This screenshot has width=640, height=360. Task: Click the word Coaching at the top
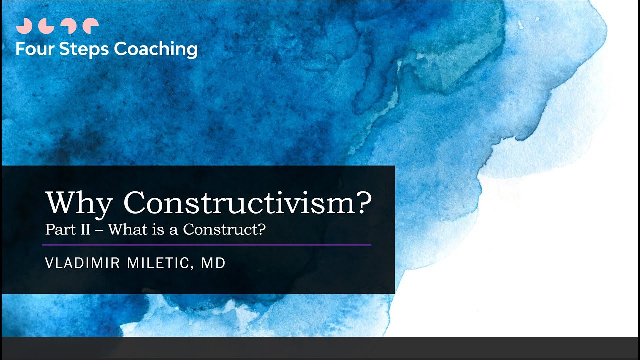[156, 50]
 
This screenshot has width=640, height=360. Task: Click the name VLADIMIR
[80, 263]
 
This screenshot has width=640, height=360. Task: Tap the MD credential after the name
[213, 263]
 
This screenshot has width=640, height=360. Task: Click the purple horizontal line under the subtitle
[207, 245]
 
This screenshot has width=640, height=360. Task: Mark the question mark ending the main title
[365, 202]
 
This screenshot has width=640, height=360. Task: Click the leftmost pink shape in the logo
[23, 26]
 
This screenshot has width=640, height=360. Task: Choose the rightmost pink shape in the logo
[90, 26]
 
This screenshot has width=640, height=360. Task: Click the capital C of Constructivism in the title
[135, 202]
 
